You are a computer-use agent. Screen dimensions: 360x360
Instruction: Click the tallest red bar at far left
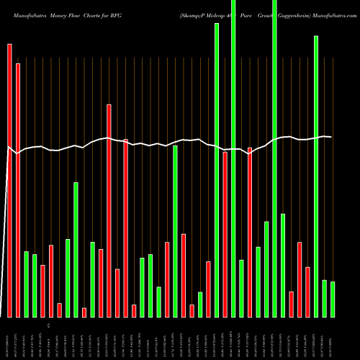9,180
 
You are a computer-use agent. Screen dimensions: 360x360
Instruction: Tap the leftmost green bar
26,284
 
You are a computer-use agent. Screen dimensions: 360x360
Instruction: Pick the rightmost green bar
333,299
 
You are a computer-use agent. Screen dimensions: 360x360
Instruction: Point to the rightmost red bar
307,292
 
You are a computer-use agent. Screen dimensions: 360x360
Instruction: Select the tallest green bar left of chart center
76,249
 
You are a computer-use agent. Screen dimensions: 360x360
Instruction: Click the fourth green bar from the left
76,249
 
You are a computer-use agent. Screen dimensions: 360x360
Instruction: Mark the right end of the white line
331,137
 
